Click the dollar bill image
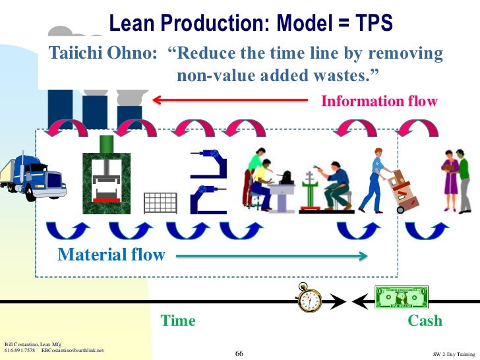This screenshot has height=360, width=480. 401,297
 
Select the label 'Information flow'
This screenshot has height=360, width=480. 378,102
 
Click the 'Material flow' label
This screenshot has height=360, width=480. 111,255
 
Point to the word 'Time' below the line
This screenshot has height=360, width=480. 178,321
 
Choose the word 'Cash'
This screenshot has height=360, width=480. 425,321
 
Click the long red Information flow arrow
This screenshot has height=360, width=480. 231,100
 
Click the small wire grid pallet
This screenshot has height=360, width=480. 160,202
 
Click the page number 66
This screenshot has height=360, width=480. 239,354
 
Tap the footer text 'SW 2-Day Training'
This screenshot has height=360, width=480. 454,355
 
